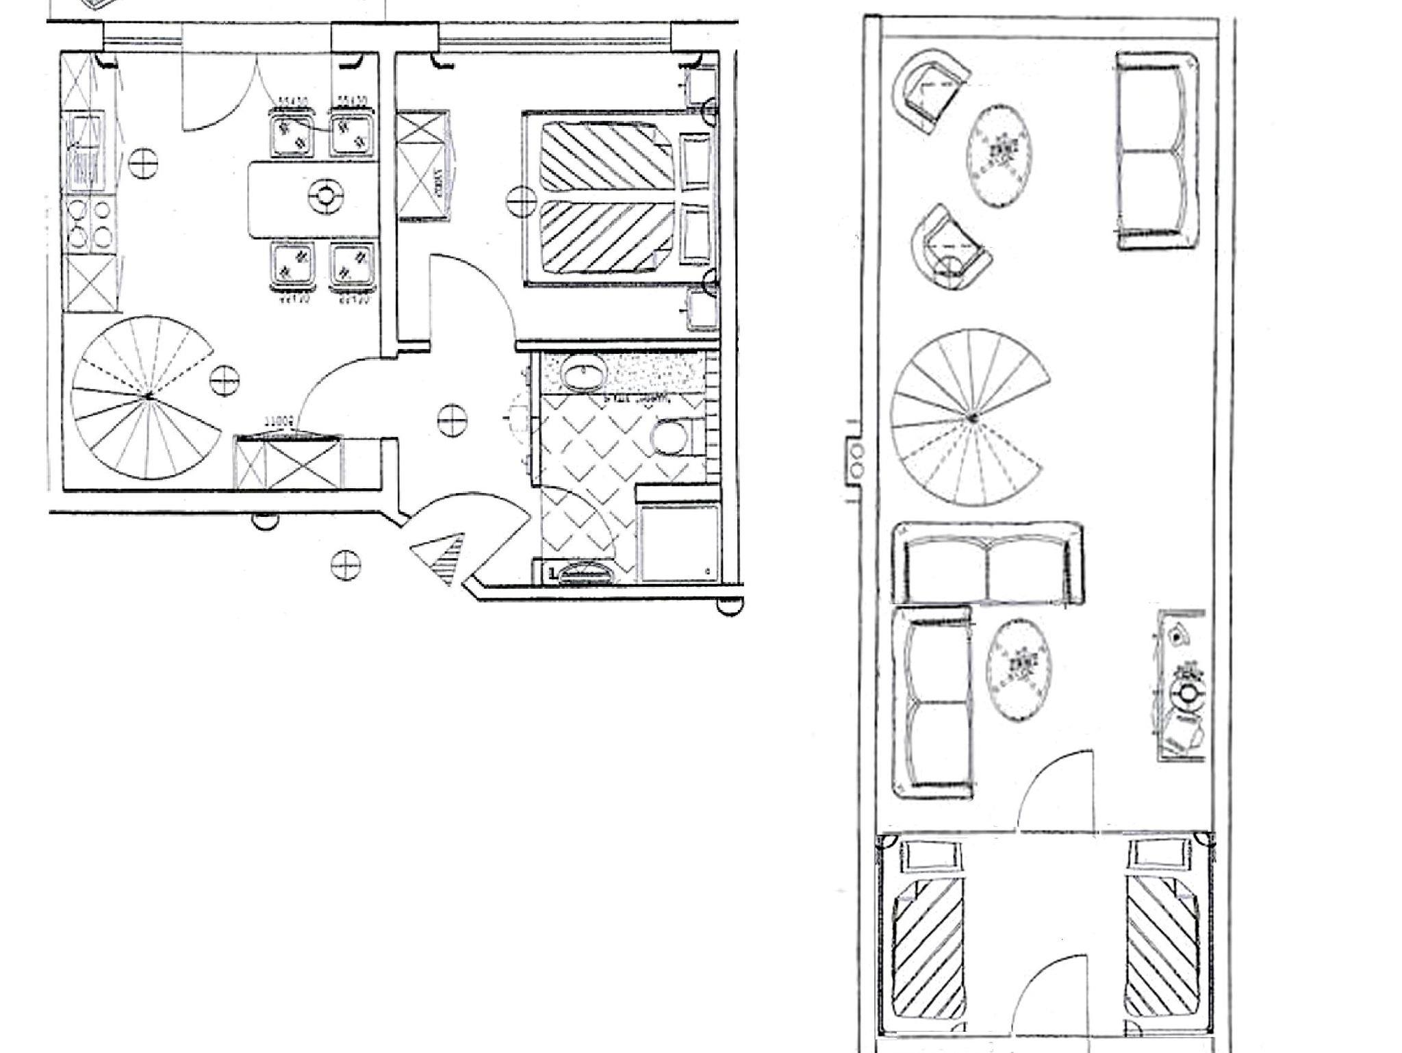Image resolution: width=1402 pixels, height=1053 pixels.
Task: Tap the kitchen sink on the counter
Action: click(85, 151)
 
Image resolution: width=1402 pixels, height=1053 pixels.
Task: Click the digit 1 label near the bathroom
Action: click(552, 572)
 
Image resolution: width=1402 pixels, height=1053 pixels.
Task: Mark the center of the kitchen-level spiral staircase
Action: click(148, 396)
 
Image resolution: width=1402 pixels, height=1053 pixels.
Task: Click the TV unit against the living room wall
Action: click(1181, 685)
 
